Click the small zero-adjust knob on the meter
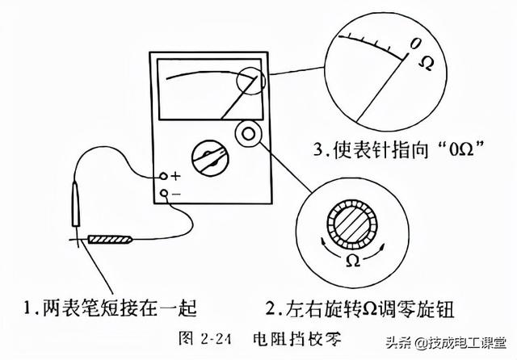coord(248,132)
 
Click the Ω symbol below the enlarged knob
coord(352,260)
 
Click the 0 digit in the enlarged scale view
coord(414,42)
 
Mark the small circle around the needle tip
coord(250,81)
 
